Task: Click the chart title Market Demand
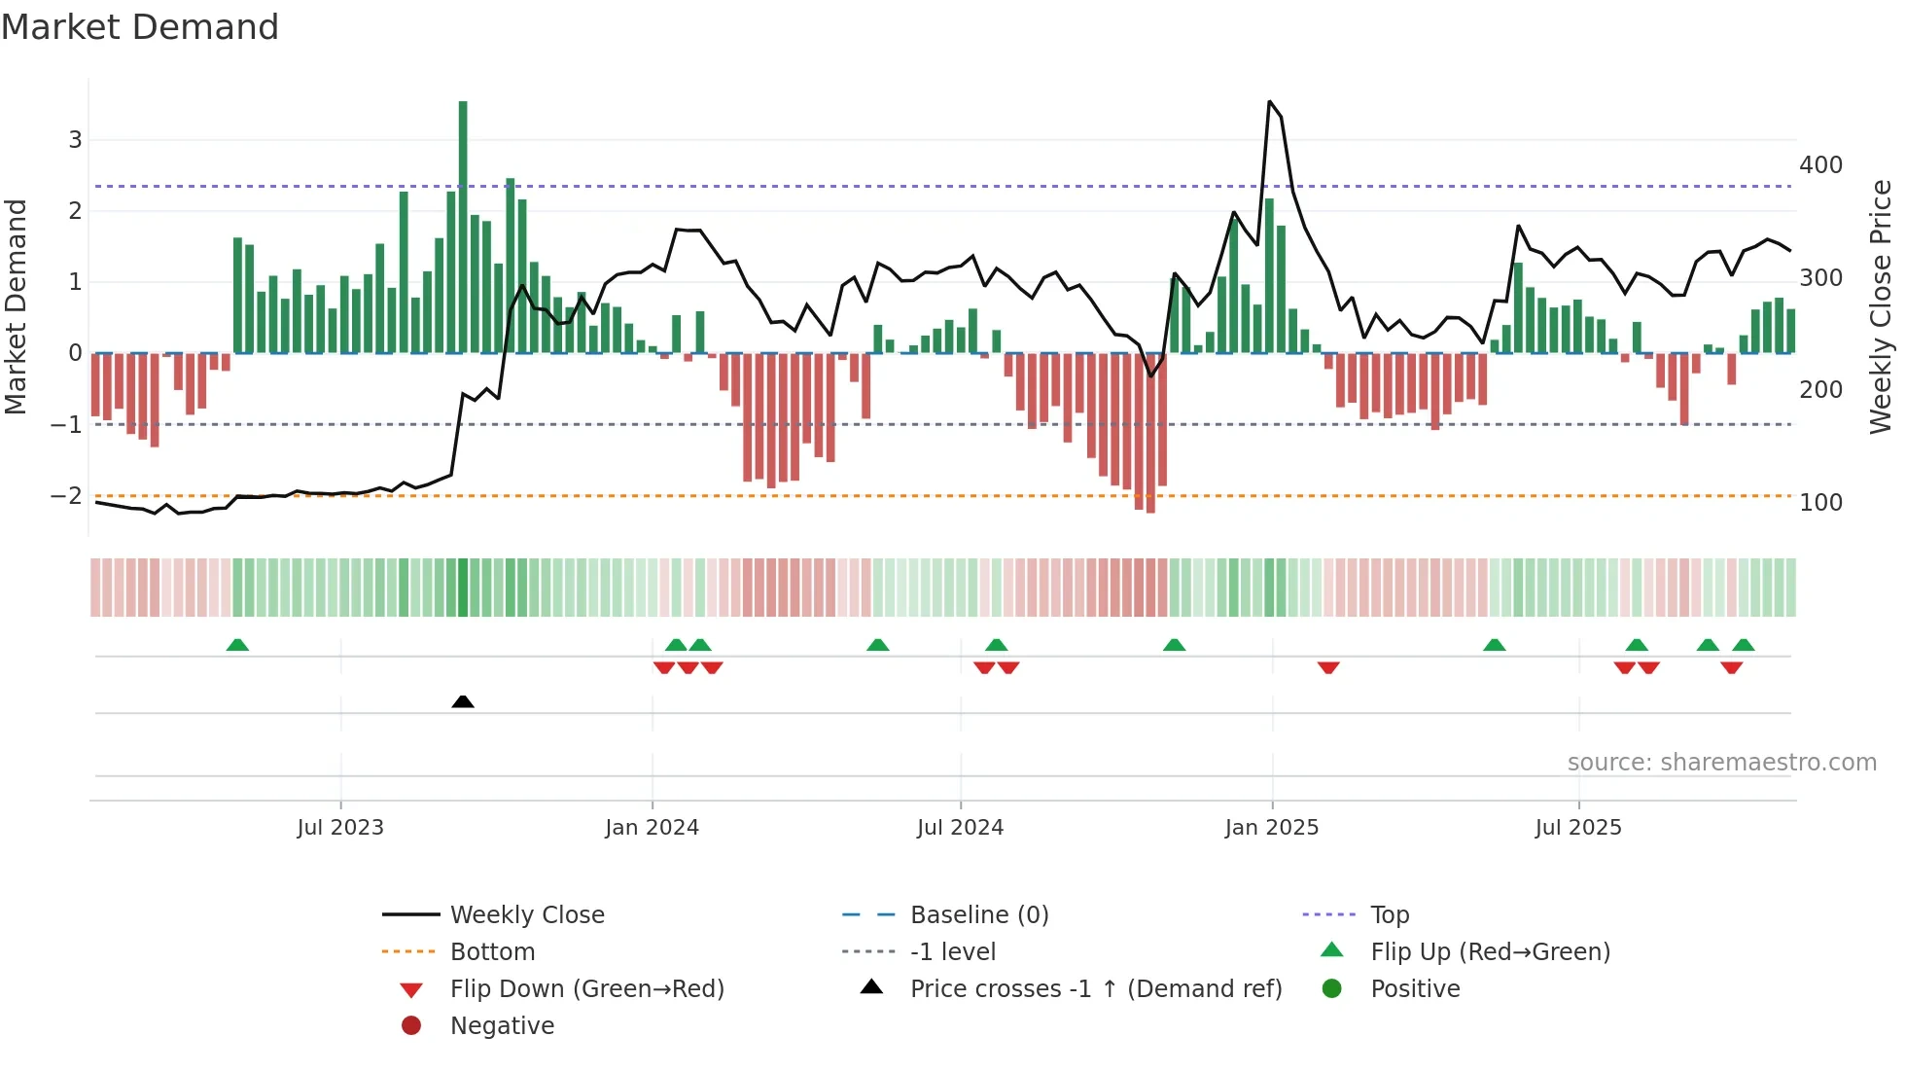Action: (x=140, y=27)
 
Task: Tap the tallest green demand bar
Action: (x=463, y=226)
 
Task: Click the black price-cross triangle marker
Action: (x=463, y=701)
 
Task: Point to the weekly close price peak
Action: (x=1270, y=102)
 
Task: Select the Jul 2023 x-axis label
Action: (x=340, y=828)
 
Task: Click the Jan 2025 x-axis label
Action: (x=1271, y=828)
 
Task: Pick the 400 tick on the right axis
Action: (x=1820, y=165)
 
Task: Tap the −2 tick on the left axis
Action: (x=66, y=496)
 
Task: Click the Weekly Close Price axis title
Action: (x=1881, y=306)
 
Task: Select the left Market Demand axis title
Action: (x=17, y=306)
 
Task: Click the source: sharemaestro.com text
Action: (x=1721, y=763)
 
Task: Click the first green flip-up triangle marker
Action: (x=237, y=645)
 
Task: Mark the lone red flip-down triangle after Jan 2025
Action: (x=1328, y=667)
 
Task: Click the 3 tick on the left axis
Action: (x=75, y=140)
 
